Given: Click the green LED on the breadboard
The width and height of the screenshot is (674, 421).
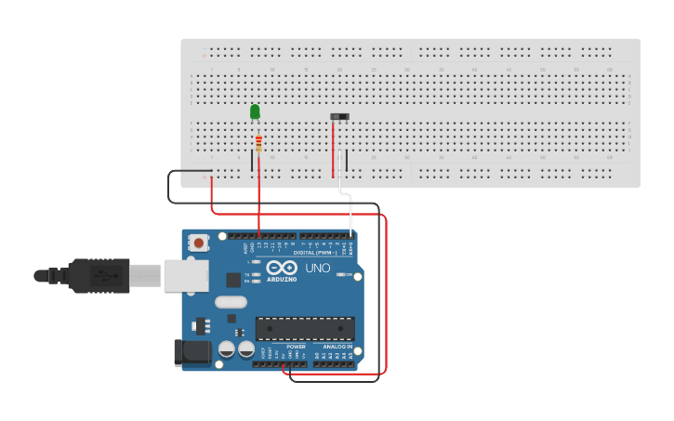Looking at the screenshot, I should [255, 112].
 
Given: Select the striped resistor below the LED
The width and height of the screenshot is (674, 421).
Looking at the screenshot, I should [258, 143].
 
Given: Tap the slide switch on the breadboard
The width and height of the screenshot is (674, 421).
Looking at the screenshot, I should [340, 116].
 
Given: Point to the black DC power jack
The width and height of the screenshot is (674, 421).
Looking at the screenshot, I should [192, 352].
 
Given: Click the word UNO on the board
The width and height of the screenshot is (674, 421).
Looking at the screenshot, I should [317, 269].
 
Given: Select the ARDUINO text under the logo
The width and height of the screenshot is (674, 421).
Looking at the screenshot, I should [282, 279].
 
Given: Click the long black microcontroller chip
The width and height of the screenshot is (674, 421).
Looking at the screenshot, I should [305, 328].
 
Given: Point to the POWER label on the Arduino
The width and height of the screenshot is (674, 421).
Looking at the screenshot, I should [296, 347].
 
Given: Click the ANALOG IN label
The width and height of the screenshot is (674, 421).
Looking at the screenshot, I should [331, 347].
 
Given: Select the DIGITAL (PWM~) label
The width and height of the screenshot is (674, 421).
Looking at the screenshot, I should [315, 252].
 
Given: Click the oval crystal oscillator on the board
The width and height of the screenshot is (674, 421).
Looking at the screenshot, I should [231, 301].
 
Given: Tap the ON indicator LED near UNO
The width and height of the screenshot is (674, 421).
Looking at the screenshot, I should [339, 274].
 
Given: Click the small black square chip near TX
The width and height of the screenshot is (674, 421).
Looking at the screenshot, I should [232, 279].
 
